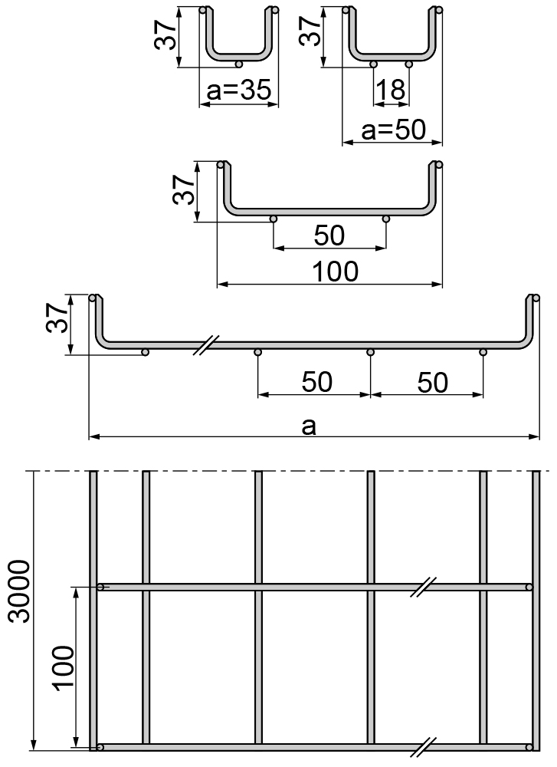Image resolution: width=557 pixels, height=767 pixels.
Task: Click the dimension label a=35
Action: click(239, 91)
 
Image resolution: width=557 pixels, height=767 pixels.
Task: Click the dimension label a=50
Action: click(392, 130)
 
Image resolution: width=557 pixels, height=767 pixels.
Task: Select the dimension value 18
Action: click(391, 91)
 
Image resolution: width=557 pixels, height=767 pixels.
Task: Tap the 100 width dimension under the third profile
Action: click(336, 271)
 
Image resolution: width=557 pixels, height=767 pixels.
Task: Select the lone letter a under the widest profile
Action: click(309, 426)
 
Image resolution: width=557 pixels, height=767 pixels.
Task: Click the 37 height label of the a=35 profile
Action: click(168, 35)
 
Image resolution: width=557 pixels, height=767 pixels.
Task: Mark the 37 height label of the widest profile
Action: click(57, 316)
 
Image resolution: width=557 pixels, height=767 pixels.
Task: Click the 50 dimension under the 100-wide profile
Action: click(329, 236)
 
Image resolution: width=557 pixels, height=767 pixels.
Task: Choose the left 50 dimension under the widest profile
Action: click(317, 382)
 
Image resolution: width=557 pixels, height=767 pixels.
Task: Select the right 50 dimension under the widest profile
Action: click(432, 382)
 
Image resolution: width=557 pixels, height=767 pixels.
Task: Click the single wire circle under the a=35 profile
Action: click(240, 64)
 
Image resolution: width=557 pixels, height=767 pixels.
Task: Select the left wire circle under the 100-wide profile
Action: click(274, 219)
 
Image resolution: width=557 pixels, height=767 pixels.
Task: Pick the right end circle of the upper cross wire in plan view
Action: click(529, 588)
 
